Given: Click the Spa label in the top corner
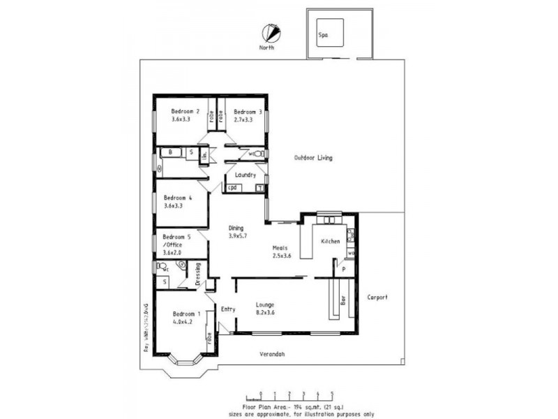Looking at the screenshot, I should click(x=323, y=34).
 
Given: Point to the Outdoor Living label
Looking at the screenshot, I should click(x=312, y=158).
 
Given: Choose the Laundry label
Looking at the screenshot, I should click(x=246, y=175).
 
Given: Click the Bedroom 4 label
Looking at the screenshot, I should click(x=177, y=198).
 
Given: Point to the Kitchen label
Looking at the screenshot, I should click(x=330, y=241).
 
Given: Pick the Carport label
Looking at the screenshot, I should click(x=377, y=297).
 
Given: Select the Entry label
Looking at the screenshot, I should click(x=227, y=309).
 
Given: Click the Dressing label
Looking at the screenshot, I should click(x=197, y=273).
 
